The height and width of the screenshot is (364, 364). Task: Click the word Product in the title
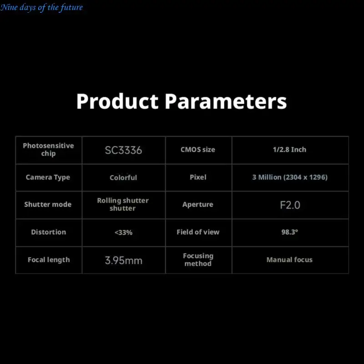tap(117, 101)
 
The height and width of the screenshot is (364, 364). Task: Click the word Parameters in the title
tap(226, 101)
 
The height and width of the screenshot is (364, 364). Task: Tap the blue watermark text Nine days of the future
tap(41, 7)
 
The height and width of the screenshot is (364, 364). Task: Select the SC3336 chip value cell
tap(123, 150)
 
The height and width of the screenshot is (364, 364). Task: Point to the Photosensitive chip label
tap(48, 150)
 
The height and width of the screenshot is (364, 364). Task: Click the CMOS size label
tap(198, 150)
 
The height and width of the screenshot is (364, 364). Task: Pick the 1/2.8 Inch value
tap(289, 150)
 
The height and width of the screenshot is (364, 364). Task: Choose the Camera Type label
tap(48, 177)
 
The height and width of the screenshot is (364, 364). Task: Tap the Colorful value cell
tap(123, 177)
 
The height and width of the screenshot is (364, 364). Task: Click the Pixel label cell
tap(198, 177)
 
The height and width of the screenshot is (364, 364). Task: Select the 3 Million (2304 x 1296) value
tap(290, 177)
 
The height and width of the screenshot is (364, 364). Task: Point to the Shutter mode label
tap(48, 204)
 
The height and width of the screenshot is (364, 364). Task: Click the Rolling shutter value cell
tap(123, 204)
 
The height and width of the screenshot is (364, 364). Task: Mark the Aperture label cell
tap(198, 204)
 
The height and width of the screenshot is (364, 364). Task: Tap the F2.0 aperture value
tap(290, 205)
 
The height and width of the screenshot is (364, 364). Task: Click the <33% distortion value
tap(123, 233)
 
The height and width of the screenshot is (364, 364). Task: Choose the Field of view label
tap(198, 232)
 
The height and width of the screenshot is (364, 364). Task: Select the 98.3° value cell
tap(290, 232)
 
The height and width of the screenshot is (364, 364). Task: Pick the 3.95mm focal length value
tap(123, 260)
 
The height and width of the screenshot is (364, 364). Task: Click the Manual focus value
tap(289, 259)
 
